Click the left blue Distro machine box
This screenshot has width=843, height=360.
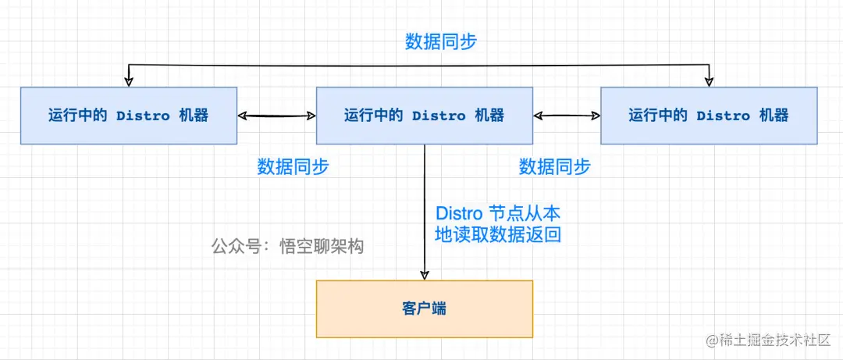[128, 116]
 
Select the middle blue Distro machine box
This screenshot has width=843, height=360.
[424, 116]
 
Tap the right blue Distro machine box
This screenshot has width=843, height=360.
[708, 116]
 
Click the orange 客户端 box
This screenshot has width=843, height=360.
[424, 308]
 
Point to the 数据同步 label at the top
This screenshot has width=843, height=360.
[441, 42]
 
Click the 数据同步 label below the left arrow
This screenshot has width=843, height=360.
[293, 166]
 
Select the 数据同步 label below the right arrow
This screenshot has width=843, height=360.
[554, 166]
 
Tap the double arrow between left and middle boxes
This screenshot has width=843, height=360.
[276, 116]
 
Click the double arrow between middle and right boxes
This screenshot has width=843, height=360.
[567, 116]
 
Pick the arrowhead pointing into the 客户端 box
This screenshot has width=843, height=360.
[425, 274]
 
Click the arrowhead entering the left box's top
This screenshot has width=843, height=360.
[130, 81]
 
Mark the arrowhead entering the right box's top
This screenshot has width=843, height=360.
[709, 81]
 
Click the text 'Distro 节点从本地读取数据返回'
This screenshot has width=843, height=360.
[498, 223]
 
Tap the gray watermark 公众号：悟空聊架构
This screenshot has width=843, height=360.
[287, 246]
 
